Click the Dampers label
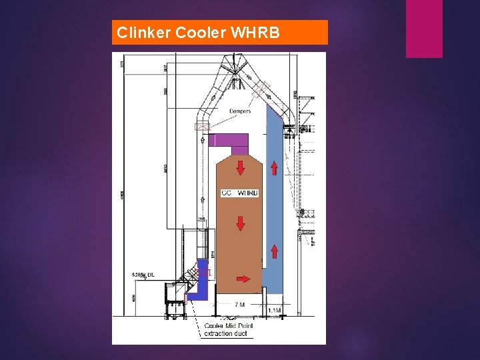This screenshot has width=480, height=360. point(240,111)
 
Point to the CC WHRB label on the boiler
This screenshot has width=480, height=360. point(239,193)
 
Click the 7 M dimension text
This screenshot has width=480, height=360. point(239,305)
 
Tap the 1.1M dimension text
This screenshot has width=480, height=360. point(275,310)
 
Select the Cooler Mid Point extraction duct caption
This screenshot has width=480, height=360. point(227,329)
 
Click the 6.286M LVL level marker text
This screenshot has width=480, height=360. point(143,275)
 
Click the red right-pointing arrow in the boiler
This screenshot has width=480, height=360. point(244,278)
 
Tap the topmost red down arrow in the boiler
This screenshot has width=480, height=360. point(239,166)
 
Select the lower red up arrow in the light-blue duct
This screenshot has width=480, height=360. point(274,251)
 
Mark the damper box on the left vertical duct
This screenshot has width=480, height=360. point(202,126)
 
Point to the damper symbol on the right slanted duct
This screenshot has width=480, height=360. point(261,89)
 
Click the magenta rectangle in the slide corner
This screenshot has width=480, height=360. point(424,29)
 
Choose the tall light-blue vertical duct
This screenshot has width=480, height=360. point(273,200)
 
